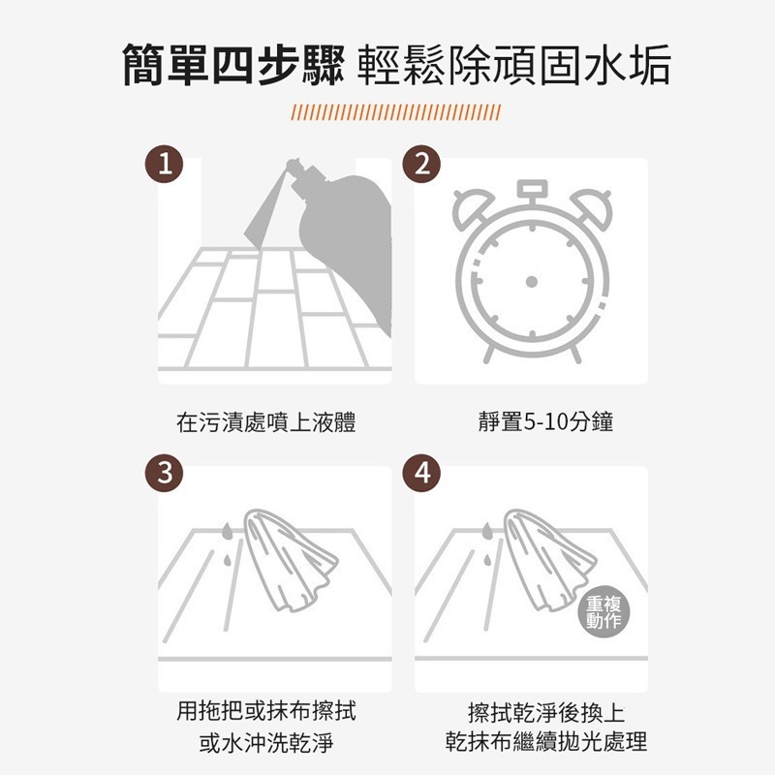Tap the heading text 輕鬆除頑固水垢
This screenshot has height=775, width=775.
point(513,66)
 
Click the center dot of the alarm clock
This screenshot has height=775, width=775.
point(531,281)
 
